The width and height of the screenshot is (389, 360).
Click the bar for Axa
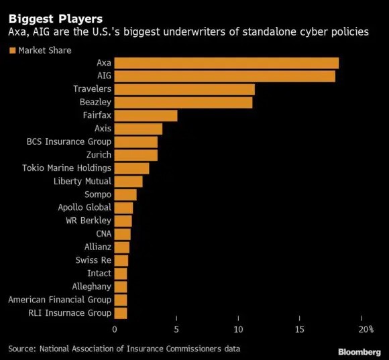point(227,63)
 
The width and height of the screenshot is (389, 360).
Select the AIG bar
point(225,76)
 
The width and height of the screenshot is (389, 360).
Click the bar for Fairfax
point(146,115)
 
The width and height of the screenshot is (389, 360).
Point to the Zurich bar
point(136,155)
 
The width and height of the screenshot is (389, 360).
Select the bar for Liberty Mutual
point(128,181)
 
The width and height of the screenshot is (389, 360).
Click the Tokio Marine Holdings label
point(66,168)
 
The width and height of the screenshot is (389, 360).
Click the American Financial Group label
point(60,300)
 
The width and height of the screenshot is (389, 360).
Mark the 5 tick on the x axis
point(176,329)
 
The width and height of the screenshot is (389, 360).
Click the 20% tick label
point(365,329)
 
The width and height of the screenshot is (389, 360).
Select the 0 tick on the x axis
point(115,329)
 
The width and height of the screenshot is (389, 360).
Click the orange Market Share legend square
point(11,50)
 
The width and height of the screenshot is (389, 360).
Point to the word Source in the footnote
point(23,349)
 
